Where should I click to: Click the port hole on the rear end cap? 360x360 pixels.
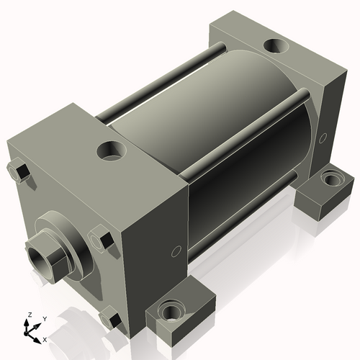(275, 47)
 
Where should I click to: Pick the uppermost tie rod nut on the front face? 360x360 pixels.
(21, 172)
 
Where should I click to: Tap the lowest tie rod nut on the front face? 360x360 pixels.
(110, 318)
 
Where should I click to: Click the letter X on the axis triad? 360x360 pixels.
(45, 338)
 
